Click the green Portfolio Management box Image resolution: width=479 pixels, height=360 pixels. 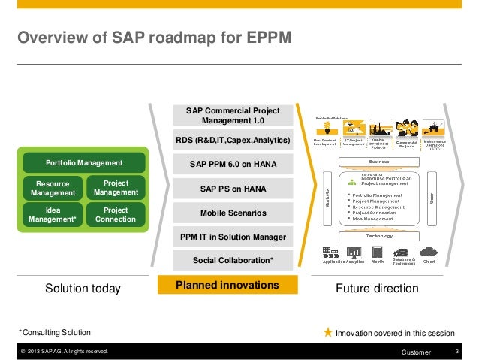click(x=84, y=163)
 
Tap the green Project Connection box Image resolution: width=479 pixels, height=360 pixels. click(x=115, y=215)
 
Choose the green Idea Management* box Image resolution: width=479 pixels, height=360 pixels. click(x=53, y=215)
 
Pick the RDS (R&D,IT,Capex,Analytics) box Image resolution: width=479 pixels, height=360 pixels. click(x=233, y=140)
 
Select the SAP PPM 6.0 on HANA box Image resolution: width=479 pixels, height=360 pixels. click(x=233, y=164)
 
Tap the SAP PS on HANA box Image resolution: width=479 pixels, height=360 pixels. click(x=233, y=188)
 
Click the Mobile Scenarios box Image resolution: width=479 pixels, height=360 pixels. click(x=233, y=213)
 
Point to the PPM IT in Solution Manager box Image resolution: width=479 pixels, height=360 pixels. click(x=233, y=237)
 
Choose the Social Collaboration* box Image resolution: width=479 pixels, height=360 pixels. click(x=233, y=260)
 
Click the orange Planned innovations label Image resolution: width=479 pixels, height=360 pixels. click(x=227, y=286)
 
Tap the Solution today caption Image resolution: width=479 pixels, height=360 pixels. click(x=83, y=289)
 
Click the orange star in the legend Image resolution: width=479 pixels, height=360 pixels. click(x=327, y=332)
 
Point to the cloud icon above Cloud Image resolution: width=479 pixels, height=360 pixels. click(x=429, y=252)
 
